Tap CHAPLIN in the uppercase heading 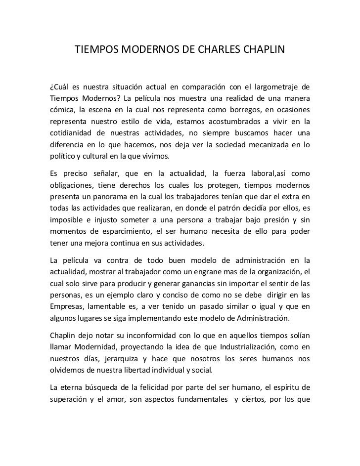(x=265, y=50)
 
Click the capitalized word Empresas (x=68, y=307)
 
